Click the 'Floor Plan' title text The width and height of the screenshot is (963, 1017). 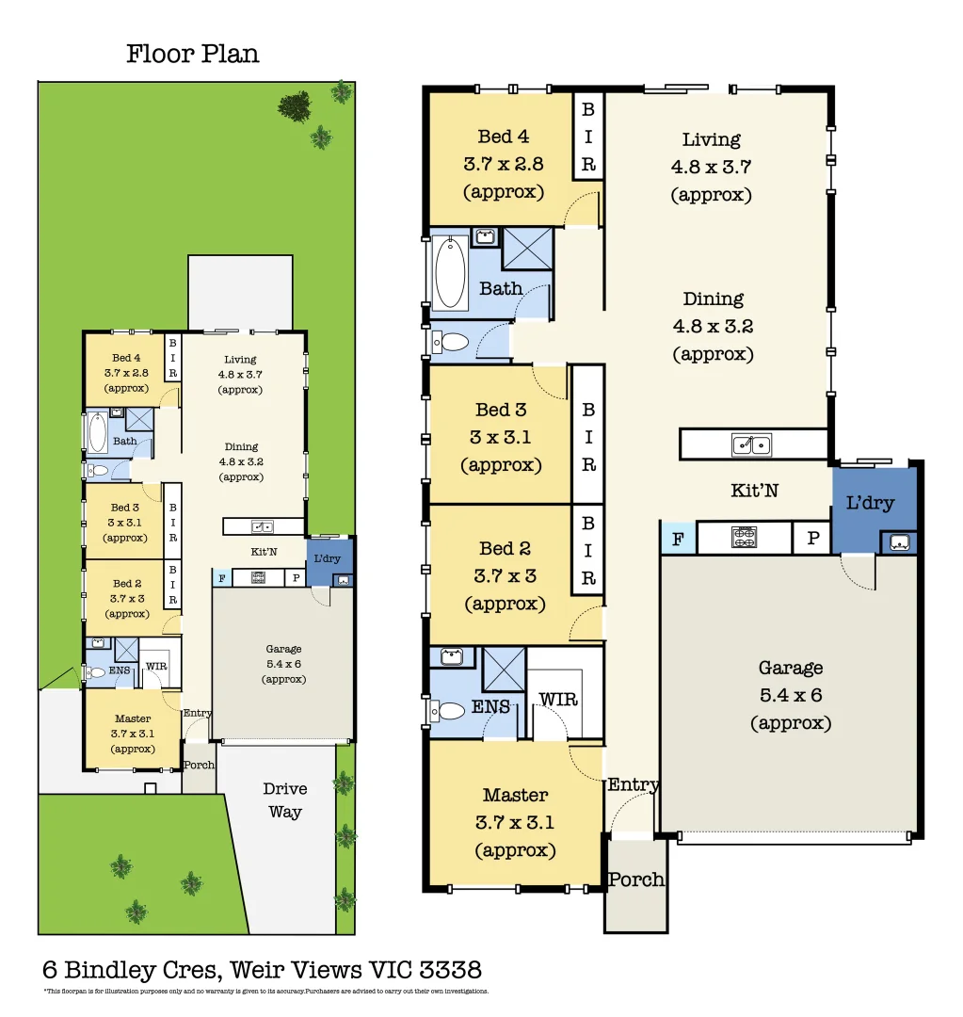click(193, 54)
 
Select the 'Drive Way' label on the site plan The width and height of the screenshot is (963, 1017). click(284, 799)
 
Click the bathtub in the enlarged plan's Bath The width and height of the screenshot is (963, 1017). click(450, 273)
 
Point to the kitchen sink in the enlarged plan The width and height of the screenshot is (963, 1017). click(752, 444)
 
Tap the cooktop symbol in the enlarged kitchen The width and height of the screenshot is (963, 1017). click(745, 538)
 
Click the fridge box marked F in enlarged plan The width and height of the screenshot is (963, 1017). click(676, 539)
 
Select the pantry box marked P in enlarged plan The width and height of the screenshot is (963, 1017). click(811, 539)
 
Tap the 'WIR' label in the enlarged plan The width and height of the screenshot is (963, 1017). click(557, 700)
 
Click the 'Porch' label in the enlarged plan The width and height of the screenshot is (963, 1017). click(635, 880)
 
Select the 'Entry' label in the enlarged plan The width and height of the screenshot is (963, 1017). click(633, 784)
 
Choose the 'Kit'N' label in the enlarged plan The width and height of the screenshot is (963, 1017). click(754, 490)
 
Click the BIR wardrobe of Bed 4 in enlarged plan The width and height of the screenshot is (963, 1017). click(588, 137)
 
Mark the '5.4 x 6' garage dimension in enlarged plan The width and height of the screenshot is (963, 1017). click(790, 695)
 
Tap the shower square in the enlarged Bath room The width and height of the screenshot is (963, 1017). click(527, 249)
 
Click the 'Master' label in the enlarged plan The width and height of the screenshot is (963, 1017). click(515, 795)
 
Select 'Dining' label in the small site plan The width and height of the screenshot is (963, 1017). click(241, 446)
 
